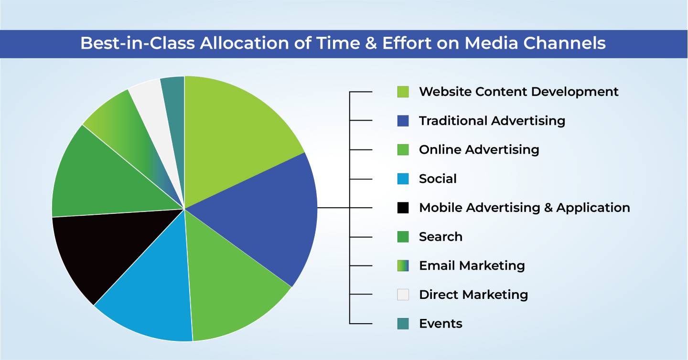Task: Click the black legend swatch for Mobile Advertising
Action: point(403,208)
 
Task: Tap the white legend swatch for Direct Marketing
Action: point(403,295)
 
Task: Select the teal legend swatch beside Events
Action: point(403,324)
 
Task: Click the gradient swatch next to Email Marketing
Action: point(403,266)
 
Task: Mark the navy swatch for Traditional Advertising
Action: point(403,121)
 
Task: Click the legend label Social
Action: point(438,179)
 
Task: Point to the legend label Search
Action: point(441,237)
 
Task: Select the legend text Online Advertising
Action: point(479,150)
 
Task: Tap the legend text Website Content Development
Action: point(519,92)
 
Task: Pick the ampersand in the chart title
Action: point(371,43)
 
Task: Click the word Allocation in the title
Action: point(245,43)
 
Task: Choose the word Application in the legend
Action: point(593,208)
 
